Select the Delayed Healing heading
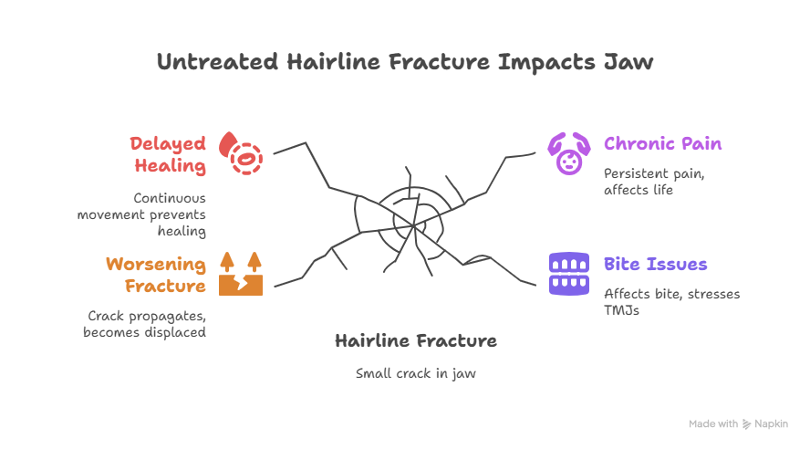tap(168, 155)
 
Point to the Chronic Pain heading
tap(662, 144)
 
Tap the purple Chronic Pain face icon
tap(569, 153)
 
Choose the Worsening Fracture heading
tap(155, 275)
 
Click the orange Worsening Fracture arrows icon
tap(241, 274)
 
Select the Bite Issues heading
tap(655, 265)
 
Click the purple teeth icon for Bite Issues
tap(569, 273)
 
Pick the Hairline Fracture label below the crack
tap(415, 341)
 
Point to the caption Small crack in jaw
tap(415, 373)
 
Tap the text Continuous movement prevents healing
tap(141, 214)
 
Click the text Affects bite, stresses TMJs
tap(671, 302)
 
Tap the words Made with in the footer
tap(713, 424)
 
